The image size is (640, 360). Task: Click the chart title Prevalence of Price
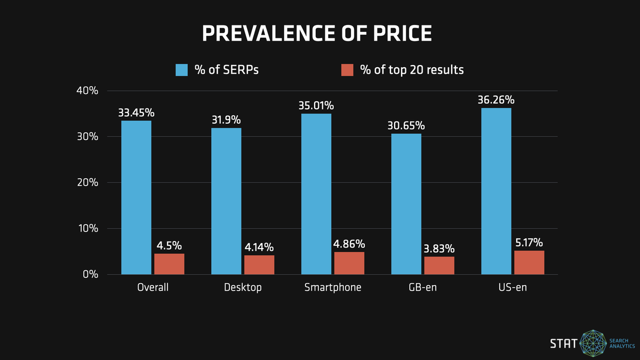pyautogui.click(x=317, y=33)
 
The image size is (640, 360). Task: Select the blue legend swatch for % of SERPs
pyautogui.click(x=182, y=70)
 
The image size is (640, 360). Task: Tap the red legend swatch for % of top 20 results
pyautogui.click(x=347, y=70)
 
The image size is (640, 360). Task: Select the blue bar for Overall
pyautogui.click(x=136, y=197)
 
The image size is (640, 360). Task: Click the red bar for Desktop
pyautogui.click(x=259, y=265)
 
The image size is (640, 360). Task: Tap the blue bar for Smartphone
pyautogui.click(x=316, y=194)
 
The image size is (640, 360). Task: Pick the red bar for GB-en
pyautogui.click(x=439, y=265)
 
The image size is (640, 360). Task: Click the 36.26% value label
pyautogui.click(x=496, y=100)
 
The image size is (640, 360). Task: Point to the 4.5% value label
pyautogui.click(x=169, y=246)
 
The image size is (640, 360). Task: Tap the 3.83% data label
pyautogui.click(x=439, y=249)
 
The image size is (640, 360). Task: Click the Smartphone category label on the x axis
pyautogui.click(x=333, y=287)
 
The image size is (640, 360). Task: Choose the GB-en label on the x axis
pyautogui.click(x=423, y=287)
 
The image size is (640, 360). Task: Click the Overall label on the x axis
pyautogui.click(x=153, y=287)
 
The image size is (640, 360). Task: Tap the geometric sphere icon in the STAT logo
pyautogui.click(x=594, y=343)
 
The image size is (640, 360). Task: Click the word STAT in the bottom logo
pyautogui.click(x=563, y=343)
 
